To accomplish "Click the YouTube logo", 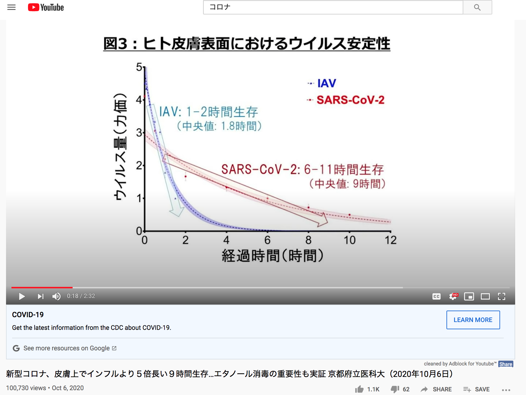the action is [x=46, y=7].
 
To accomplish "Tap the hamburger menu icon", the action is [x=11, y=7].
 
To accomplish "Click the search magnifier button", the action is [x=477, y=7].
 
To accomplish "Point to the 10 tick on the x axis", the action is [x=349, y=240].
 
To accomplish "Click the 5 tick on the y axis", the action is [x=139, y=67].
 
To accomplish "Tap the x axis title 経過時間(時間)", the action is [x=273, y=256].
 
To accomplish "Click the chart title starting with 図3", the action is [x=247, y=44].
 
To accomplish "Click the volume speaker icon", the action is [x=56, y=296].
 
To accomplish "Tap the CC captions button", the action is [x=437, y=296].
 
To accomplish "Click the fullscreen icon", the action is [x=502, y=296].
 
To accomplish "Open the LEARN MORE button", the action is [x=473, y=320].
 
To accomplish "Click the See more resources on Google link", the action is [x=66, y=348].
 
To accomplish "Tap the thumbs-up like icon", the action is [x=359, y=389].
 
